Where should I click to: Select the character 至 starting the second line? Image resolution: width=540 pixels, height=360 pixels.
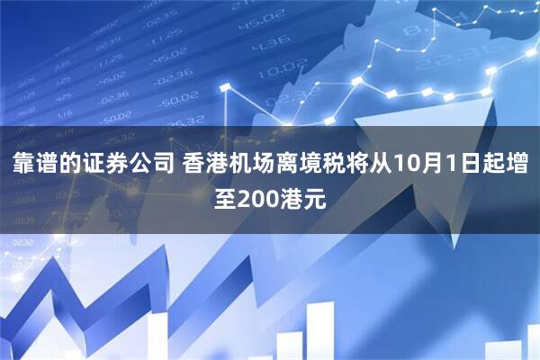[224, 196]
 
